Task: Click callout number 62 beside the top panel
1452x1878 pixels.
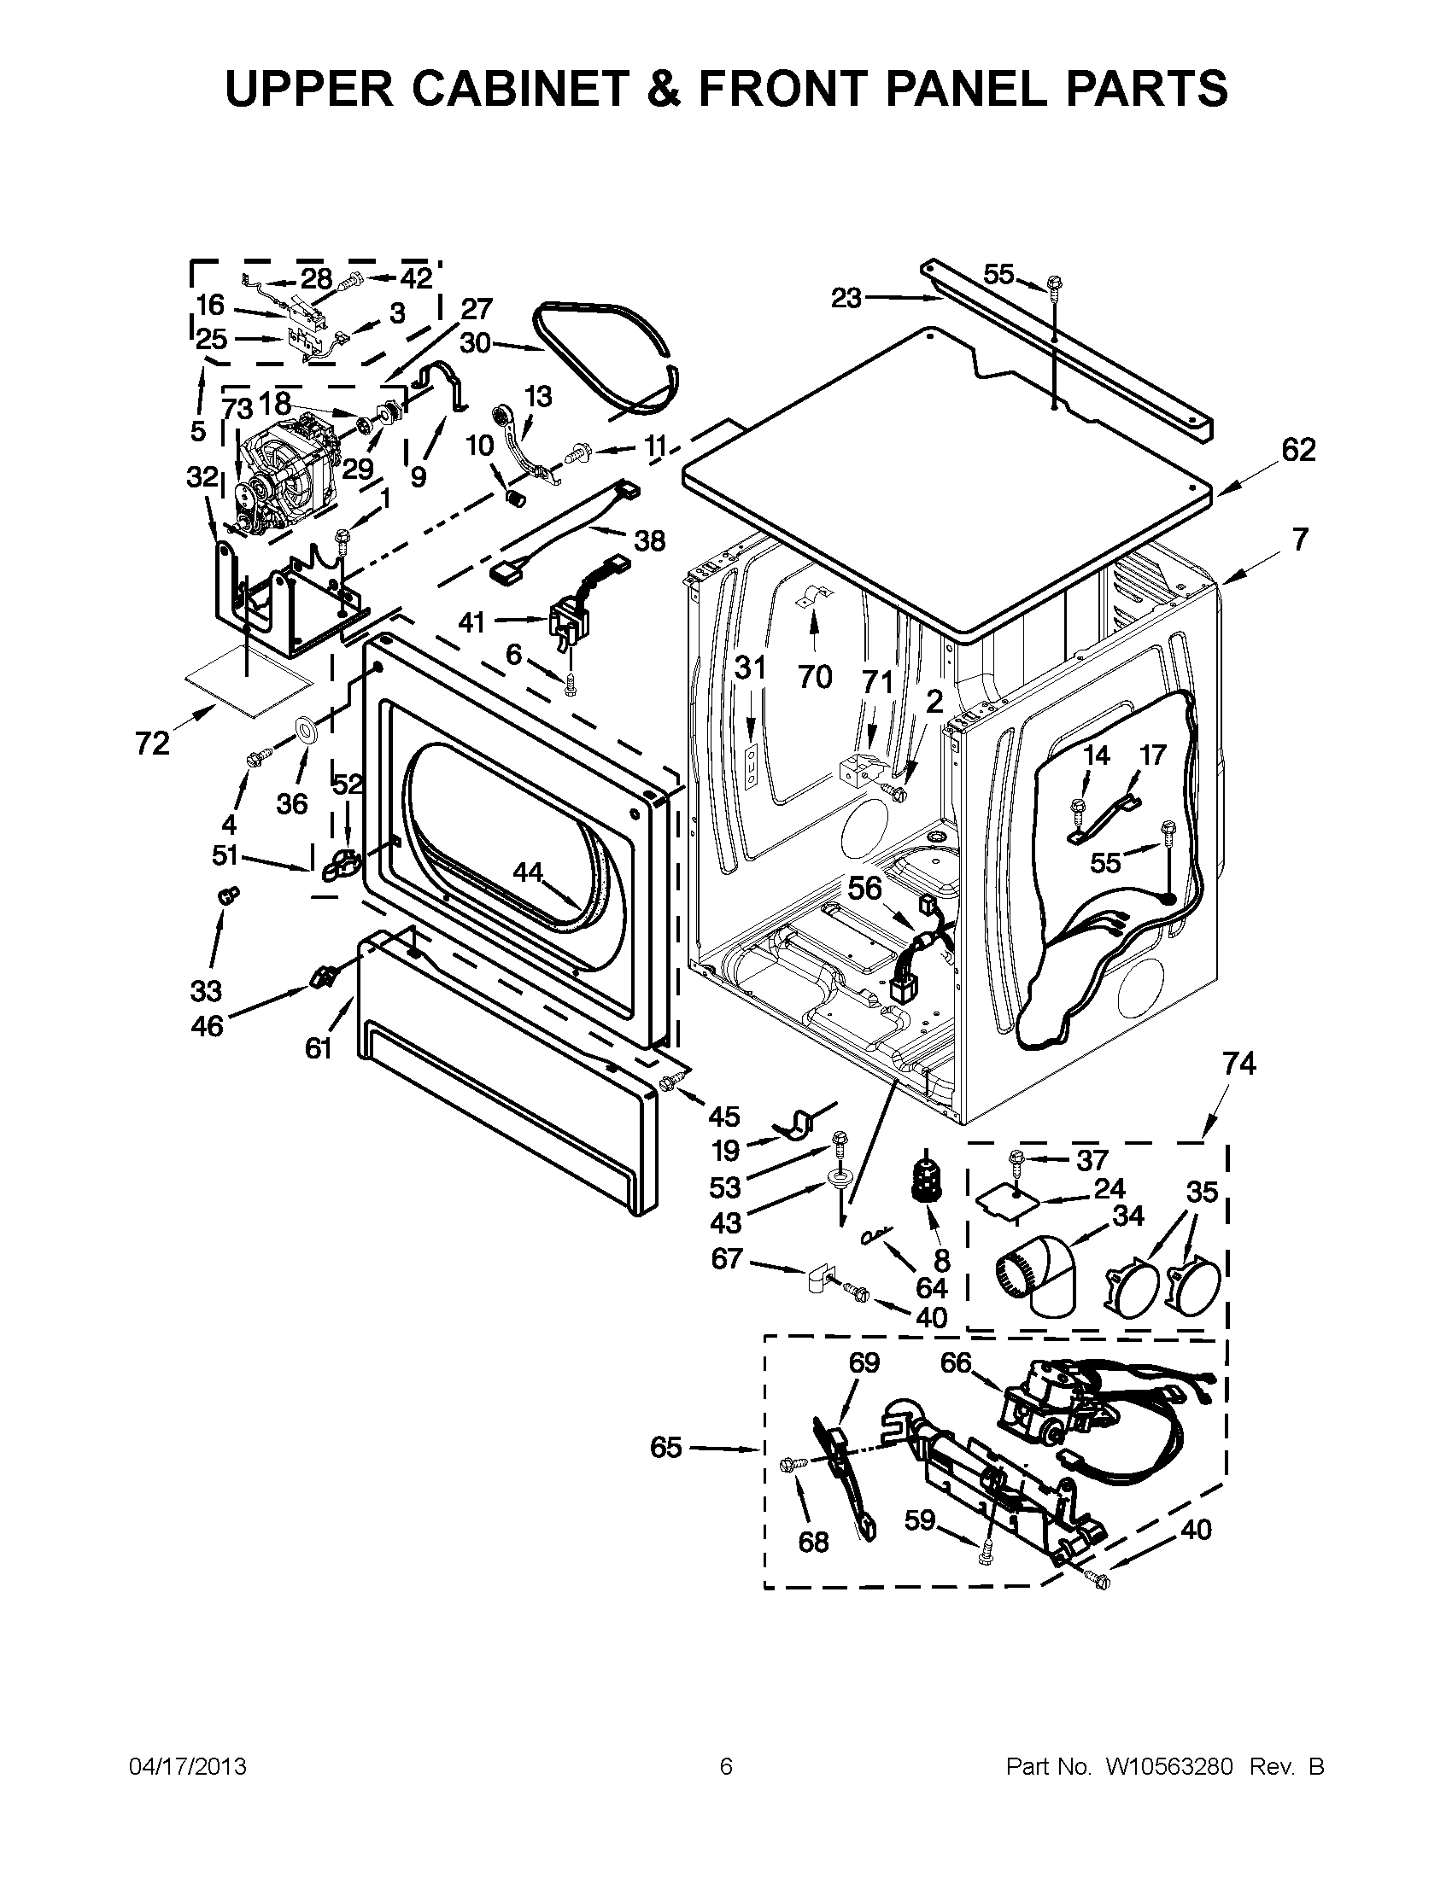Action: coord(1298,450)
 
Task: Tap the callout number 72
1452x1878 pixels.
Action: coord(152,743)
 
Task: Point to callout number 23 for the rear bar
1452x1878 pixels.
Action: coord(846,299)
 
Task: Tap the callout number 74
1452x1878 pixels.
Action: coord(1239,1064)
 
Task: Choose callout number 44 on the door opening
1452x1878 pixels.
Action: coord(528,872)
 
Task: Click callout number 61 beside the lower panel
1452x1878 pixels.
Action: coord(319,1048)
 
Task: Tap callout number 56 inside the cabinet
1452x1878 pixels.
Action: coord(866,888)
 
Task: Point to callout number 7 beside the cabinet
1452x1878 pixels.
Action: coord(1299,539)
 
